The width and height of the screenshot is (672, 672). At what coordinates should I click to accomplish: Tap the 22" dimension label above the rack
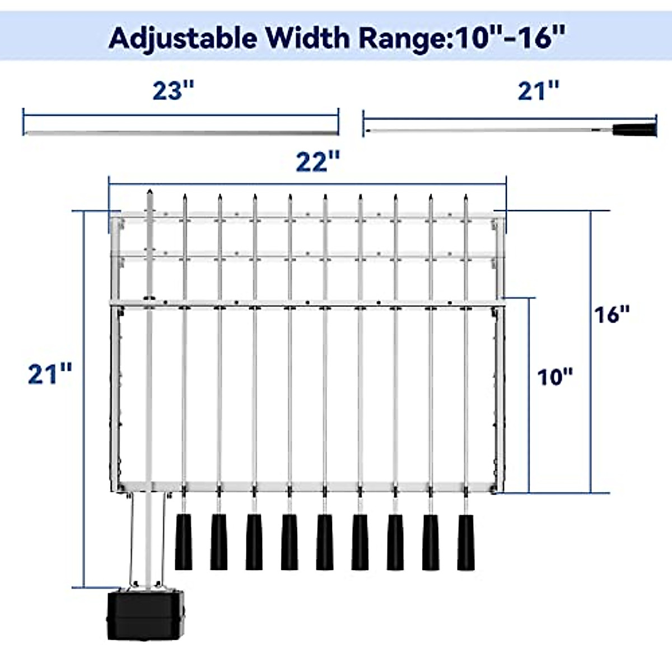point(317,162)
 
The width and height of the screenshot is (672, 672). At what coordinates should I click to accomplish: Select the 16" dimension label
point(612,315)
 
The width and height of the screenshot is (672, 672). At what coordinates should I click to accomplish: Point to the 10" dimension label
point(555,377)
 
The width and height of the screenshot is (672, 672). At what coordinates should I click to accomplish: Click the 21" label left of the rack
point(49,374)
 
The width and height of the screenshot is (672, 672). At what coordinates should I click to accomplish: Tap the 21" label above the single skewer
point(538,91)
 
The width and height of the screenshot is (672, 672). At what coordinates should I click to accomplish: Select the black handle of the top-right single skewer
point(634,130)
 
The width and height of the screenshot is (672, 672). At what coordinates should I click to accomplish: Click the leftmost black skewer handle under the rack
point(184,542)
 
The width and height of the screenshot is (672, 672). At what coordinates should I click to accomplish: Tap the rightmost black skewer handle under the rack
point(466,542)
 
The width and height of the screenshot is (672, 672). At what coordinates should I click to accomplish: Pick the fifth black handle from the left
point(325,542)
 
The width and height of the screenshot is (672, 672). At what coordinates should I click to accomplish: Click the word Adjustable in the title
point(183,38)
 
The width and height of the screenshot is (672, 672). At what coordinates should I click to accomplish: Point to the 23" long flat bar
point(180,133)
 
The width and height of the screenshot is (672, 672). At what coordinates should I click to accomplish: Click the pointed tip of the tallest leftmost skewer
point(149,192)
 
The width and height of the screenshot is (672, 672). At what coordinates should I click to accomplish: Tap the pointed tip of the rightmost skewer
point(465,197)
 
